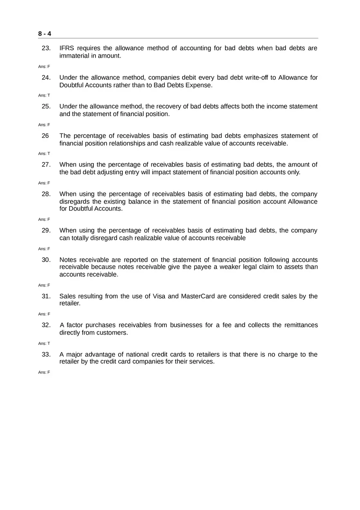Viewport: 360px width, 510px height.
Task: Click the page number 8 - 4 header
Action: click(x=45, y=34)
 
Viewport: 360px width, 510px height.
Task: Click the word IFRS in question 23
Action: click(x=67, y=48)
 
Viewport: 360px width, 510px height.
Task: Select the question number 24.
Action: click(x=46, y=78)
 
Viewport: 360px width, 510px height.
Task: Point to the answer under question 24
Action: click(x=44, y=95)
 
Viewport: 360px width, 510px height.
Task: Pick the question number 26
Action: click(x=45, y=136)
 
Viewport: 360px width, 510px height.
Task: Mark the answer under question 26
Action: click(x=44, y=153)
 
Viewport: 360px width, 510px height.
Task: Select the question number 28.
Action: click(x=46, y=194)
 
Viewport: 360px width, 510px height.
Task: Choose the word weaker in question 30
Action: click(x=232, y=267)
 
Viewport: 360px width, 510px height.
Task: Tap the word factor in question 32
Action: click(x=75, y=325)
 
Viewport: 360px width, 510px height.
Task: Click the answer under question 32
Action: click(x=44, y=343)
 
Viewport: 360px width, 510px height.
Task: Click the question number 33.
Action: click(x=46, y=354)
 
